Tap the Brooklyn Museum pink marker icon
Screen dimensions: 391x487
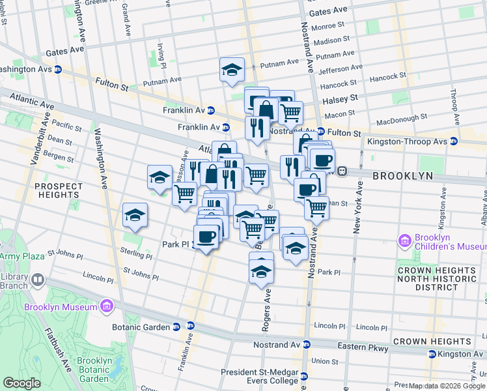point(106,306)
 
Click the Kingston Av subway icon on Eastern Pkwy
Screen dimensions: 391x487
point(432,354)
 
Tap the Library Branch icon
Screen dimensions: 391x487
point(38,280)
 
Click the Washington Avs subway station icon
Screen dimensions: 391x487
point(57,69)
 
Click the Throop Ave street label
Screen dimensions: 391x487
point(454,107)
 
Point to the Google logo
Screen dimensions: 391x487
point(21,383)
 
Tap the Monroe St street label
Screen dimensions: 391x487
point(327,26)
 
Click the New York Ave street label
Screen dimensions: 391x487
point(357,209)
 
